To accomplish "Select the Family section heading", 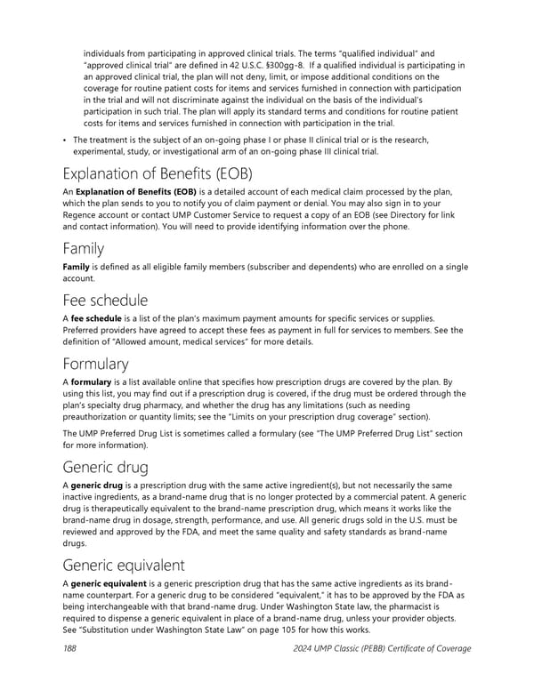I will (x=81, y=248).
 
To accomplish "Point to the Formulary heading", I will (x=95, y=364).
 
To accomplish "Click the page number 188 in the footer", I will (x=69, y=648).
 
